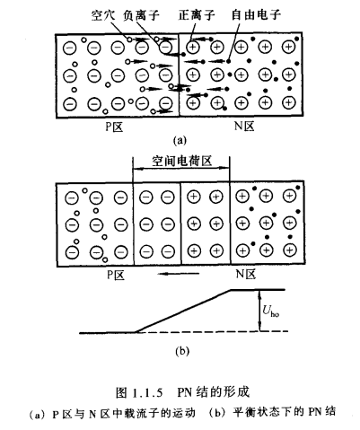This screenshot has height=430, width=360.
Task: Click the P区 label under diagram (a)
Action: click(117, 127)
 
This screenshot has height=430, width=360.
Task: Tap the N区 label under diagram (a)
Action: click(240, 127)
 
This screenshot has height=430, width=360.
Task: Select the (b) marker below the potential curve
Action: click(180, 348)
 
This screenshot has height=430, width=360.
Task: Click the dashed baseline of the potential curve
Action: click(206, 333)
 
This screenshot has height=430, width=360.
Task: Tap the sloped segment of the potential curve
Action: click(184, 311)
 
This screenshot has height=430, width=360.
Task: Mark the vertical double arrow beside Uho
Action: click(258, 312)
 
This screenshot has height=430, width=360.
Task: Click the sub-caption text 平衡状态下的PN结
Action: click(283, 411)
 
